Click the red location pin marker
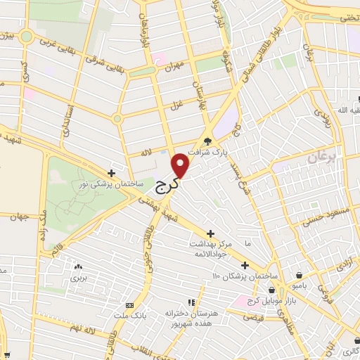click(181, 165)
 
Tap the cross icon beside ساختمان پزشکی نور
click(111, 172)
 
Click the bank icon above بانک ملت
click(129, 305)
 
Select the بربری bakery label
click(77, 278)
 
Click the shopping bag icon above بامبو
click(301, 276)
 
